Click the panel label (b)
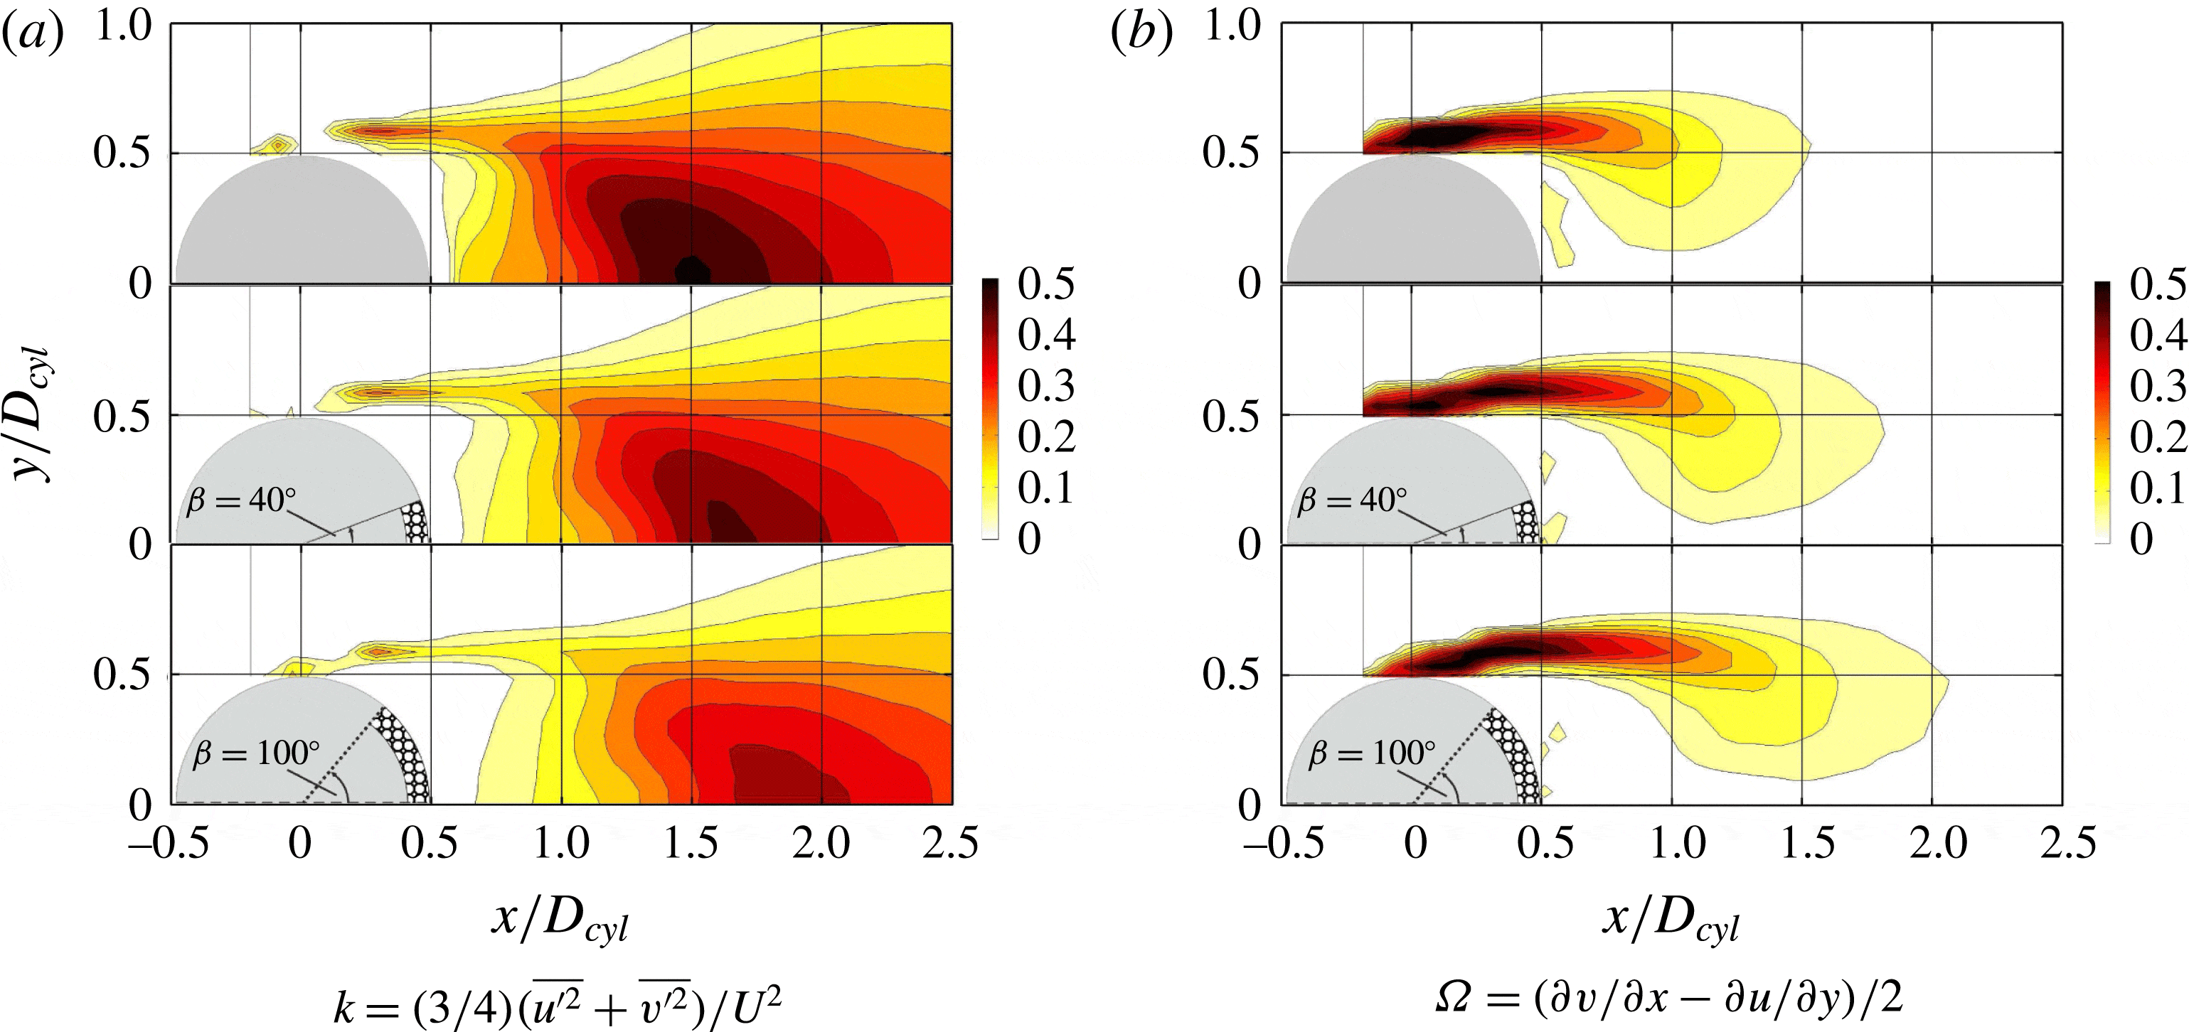click(1141, 35)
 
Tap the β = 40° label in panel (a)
click(241, 500)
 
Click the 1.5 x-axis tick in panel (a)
click(691, 844)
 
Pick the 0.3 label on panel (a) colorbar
click(1046, 387)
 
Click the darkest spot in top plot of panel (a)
click(693, 270)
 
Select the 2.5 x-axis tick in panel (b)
click(2067, 844)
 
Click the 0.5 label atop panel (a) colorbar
click(1046, 284)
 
